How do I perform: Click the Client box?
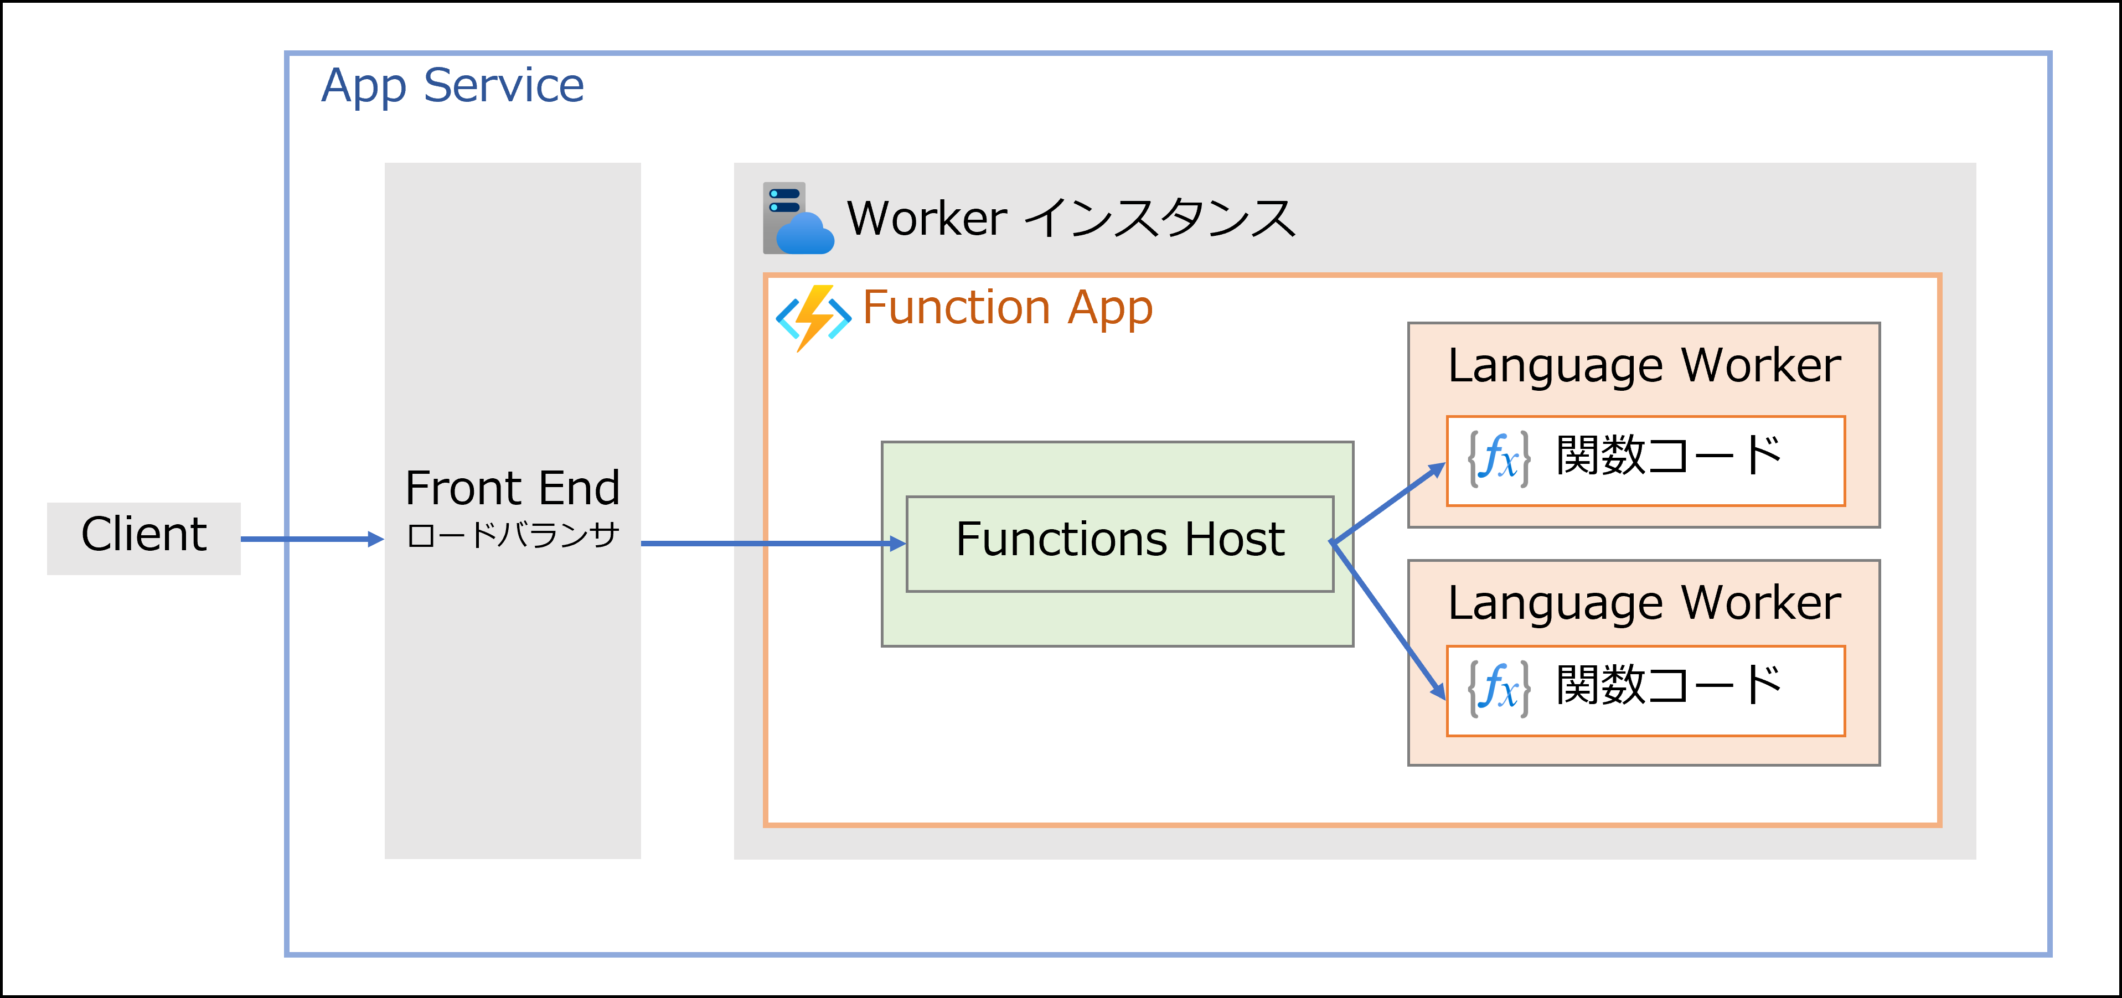pyautogui.click(x=143, y=537)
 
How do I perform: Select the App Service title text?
pyautogui.click(x=452, y=86)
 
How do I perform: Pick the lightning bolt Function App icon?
pyautogui.click(x=813, y=317)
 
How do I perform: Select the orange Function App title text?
pyautogui.click(x=1006, y=308)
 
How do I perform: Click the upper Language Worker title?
pyautogui.click(x=1643, y=366)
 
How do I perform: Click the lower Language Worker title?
pyautogui.click(x=1643, y=603)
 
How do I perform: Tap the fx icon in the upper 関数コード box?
pyautogui.click(x=1499, y=458)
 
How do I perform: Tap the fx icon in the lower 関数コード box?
pyautogui.click(x=1499, y=687)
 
